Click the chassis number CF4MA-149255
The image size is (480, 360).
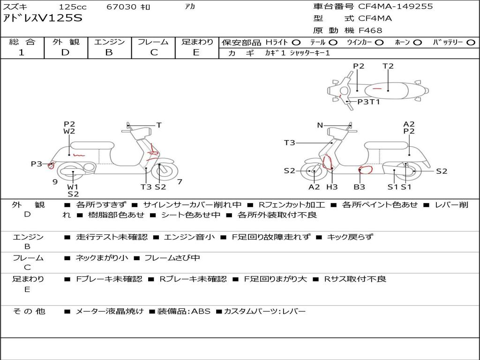pos(396,7)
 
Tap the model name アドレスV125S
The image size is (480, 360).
pos(43,18)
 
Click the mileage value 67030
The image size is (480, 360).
pos(121,7)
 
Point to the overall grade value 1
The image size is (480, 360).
pos(22,52)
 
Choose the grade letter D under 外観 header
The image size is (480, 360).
pos(65,52)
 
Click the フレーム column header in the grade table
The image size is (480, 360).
pos(153,42)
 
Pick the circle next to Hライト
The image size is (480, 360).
pos(296,43)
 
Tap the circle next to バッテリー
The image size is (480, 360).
pos(471,43)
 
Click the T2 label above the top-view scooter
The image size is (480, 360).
pos(388,66)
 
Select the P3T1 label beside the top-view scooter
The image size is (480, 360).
pos(368,102)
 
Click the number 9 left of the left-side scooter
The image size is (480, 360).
pos(55,182)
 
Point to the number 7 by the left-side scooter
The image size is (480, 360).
pos(180,182)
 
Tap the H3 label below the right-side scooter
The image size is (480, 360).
pos(332,187)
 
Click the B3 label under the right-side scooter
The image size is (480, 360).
pos(360,187)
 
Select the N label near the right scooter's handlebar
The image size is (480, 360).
pos(320,125)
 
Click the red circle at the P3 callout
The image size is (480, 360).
pos(51,166)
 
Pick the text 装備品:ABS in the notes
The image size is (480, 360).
pos(184,312)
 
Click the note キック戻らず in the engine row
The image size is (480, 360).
pos(350,237)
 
